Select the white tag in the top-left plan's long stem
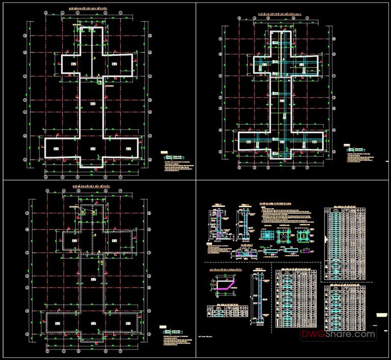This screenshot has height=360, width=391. pos(92,104)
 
